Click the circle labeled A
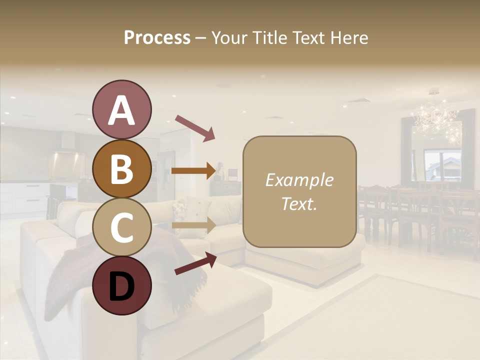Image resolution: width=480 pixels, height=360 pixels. (122, 109)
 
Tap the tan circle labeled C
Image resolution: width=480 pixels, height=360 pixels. (122, 227)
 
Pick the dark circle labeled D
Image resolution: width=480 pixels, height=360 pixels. (122, 285)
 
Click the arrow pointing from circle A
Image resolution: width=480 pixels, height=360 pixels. (194, 127)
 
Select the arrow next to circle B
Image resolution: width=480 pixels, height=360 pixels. (194, 170)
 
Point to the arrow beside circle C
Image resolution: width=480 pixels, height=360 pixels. (194, 225)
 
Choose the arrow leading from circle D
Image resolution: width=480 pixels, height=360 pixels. (195, 264)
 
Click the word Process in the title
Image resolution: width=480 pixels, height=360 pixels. (157, 38)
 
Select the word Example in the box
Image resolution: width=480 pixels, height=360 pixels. (299, 180)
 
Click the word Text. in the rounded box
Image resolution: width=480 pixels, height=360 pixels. (299, 203)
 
